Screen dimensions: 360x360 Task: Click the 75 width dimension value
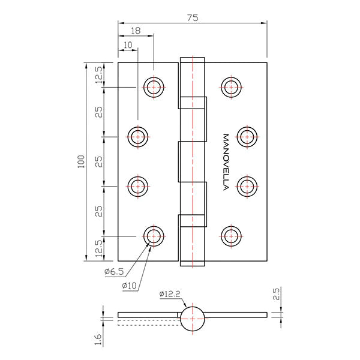point(193,18)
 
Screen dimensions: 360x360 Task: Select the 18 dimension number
point(136,31)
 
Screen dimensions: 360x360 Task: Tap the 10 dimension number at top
point(127,45)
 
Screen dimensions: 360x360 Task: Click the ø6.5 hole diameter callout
point(113,272)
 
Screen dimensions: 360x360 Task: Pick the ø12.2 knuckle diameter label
point(170,294)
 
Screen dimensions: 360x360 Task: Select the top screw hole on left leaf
point(154,87)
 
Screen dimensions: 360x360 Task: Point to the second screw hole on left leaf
point(139,137)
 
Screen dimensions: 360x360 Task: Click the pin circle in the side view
point(194,317)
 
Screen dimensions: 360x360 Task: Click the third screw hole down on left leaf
point(139,185)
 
